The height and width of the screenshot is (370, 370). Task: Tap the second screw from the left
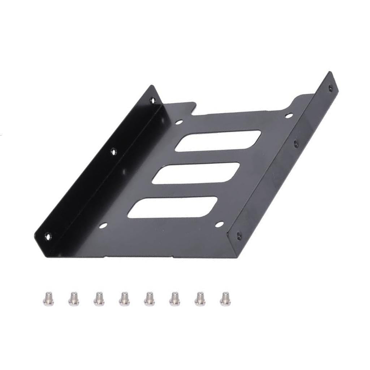[x=74, y=298]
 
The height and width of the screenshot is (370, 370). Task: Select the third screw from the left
[x=99, y=298]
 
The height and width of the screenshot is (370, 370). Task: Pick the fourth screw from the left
[x=124, y=298]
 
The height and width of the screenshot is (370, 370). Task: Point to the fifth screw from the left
[x=149, y=298]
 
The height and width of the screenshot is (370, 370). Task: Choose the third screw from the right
[x=175, y=298]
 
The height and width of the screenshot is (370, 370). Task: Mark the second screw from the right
[x=200, y=298]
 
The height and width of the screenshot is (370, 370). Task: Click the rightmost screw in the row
[x=225, y=298]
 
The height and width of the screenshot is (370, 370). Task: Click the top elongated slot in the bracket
[x=218, y=141]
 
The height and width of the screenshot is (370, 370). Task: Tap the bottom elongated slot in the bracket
[x=173, y=207]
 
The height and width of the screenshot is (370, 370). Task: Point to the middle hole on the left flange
[x=114, y=152]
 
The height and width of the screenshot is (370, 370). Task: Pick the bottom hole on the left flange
[x=48, y=236]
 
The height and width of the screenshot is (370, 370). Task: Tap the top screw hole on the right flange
[x=330, y=88]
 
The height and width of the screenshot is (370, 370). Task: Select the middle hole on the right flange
[x=296, y=143]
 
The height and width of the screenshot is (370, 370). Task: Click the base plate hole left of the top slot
[x=179, y=122]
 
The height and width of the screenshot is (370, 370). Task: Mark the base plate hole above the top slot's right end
[x=288, y=116]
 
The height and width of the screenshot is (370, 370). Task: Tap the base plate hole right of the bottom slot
[x=219, y=225]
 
